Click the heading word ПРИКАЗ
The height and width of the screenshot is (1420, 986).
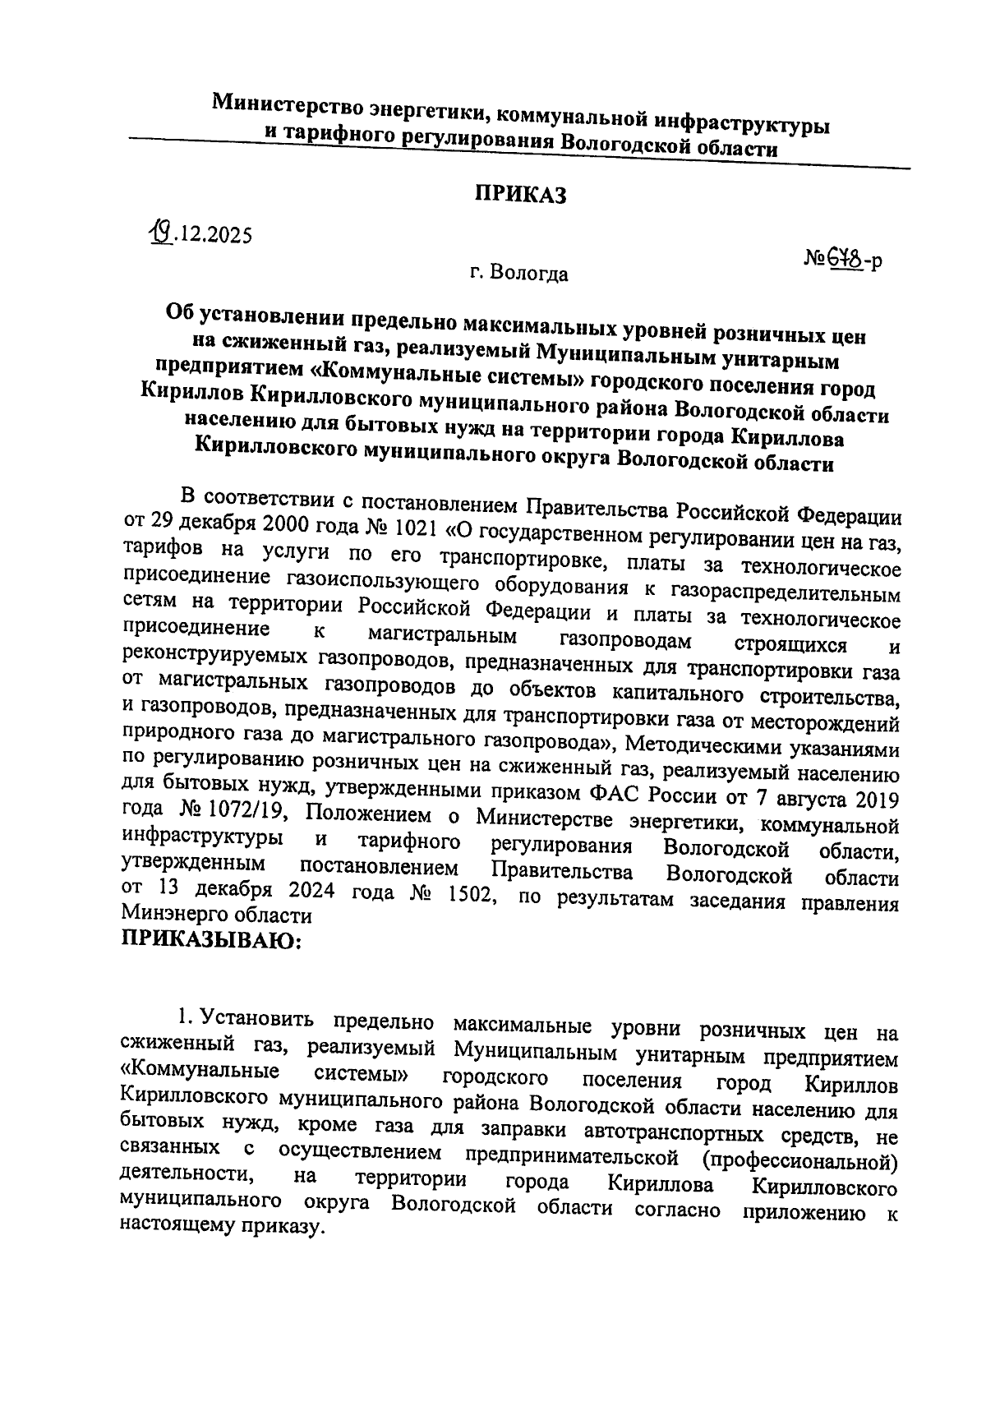[520, 195]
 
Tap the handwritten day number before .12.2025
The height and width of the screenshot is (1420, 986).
[155, 235]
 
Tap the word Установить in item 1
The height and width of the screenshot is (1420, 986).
[256, 1019]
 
